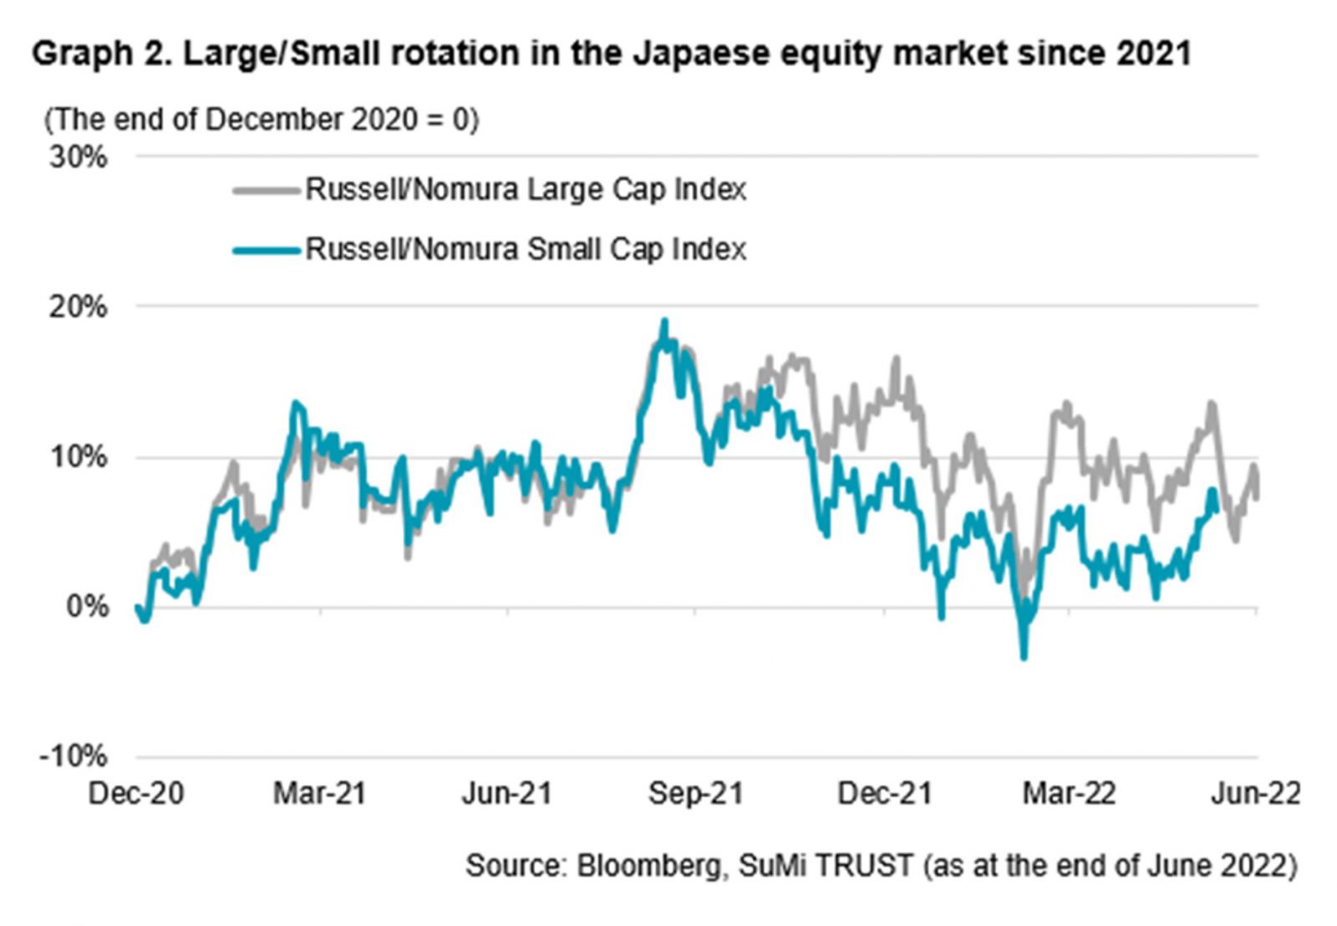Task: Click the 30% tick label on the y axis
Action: click(79, 157)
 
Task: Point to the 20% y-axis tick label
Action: click(79, 308)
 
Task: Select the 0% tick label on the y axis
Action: click(87, 608)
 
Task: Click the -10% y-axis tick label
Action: click(74, 757)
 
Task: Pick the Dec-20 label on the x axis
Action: click(135, 793)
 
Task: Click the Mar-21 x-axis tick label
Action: click(320, 793)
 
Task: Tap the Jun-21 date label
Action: click(507, 793)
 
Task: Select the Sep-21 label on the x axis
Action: click(695, 793)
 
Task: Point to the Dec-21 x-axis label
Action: click(884, 793)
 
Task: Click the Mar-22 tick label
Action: click(1070, 793)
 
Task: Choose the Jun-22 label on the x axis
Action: click(1256, 793)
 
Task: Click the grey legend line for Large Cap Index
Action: click(266, 191)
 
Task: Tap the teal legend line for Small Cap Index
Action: click(266, 250)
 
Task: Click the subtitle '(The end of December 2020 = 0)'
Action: click(262, 120)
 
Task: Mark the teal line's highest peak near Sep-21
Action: click(664, 321)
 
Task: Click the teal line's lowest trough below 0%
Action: click(1024, 658)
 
